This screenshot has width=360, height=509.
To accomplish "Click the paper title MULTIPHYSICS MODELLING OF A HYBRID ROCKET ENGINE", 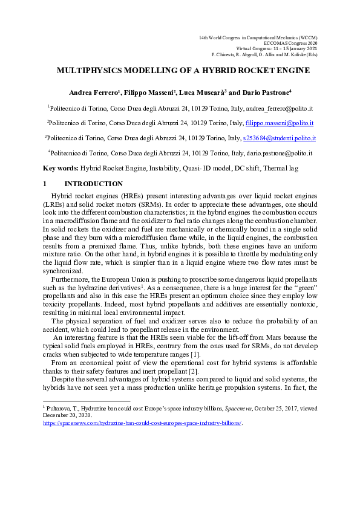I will [x=183, y=71].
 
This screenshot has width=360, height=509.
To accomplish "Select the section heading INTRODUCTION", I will [x=94, y=184].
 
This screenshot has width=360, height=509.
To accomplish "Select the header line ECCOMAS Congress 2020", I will [x=289, y=44].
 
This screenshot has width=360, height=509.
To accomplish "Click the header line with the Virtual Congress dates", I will [x=283, y=49].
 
